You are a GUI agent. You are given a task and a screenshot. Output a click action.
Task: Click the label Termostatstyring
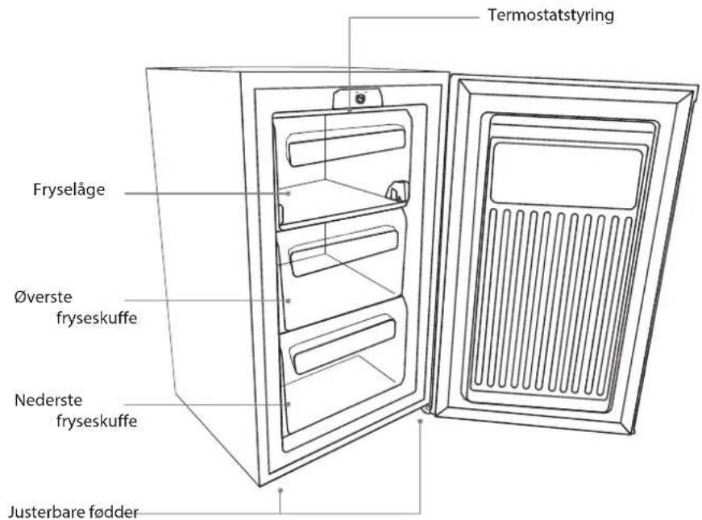[x=550, y=15]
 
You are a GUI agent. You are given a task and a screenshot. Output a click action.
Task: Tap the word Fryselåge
[x=69, y=189]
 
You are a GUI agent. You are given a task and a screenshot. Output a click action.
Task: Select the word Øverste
[x=43, y=297]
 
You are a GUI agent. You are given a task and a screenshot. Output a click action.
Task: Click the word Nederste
[x=48, y=400]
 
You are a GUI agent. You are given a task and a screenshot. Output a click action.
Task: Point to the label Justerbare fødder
[x=73, y=511]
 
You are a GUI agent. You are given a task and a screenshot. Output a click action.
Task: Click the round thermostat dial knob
[x=358, y=98]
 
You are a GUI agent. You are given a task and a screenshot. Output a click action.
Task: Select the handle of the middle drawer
[x=344, y=252]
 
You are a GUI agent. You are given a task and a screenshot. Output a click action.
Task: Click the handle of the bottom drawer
[x=343, y=344]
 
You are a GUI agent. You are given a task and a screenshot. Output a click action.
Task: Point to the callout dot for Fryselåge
[x=289, y=193]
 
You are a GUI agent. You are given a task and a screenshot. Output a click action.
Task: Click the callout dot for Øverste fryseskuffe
[x=288, y=301]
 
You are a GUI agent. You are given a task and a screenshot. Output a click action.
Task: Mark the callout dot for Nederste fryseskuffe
[x=288, y=404]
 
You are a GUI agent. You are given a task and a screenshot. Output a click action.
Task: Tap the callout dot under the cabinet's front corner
[x=280, y=490]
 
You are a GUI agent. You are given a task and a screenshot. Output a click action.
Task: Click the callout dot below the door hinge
[x=420, y=422]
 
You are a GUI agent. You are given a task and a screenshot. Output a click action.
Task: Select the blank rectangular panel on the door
[x=567, y=175]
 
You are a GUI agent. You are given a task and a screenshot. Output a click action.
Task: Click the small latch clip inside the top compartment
[x=397, y=190]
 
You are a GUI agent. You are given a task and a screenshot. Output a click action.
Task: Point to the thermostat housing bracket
[x=357, y=98]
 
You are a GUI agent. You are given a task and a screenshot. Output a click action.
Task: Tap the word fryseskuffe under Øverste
[x=97, y=318]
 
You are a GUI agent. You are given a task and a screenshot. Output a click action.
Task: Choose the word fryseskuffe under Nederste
[x=97, y=421]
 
